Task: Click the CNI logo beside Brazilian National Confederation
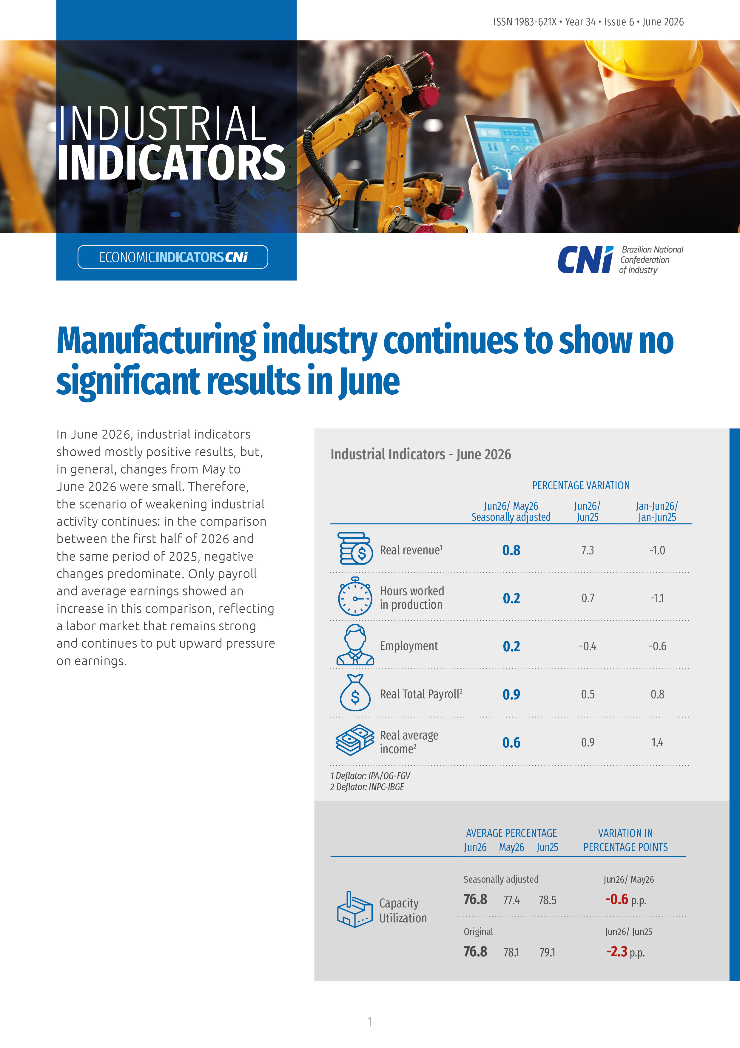click(x=585, y=259)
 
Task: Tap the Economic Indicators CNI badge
click(x=173, y=257)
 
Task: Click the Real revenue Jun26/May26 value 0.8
click(x=511, y=550)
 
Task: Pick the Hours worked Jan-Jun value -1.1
click(x=657, y=598)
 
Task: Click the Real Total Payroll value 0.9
click(x=511, y=694)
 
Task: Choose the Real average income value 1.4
click(x=657, y=742)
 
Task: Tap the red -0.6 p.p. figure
click(x=625, y=899)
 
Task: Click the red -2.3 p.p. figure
click(x=625, y=952)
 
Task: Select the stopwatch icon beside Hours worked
click(x=355, y=596)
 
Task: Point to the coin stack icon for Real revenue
click(x=355, y=548)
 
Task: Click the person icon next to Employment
click(x=355, y=644)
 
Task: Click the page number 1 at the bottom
click(x=370, y=1021)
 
